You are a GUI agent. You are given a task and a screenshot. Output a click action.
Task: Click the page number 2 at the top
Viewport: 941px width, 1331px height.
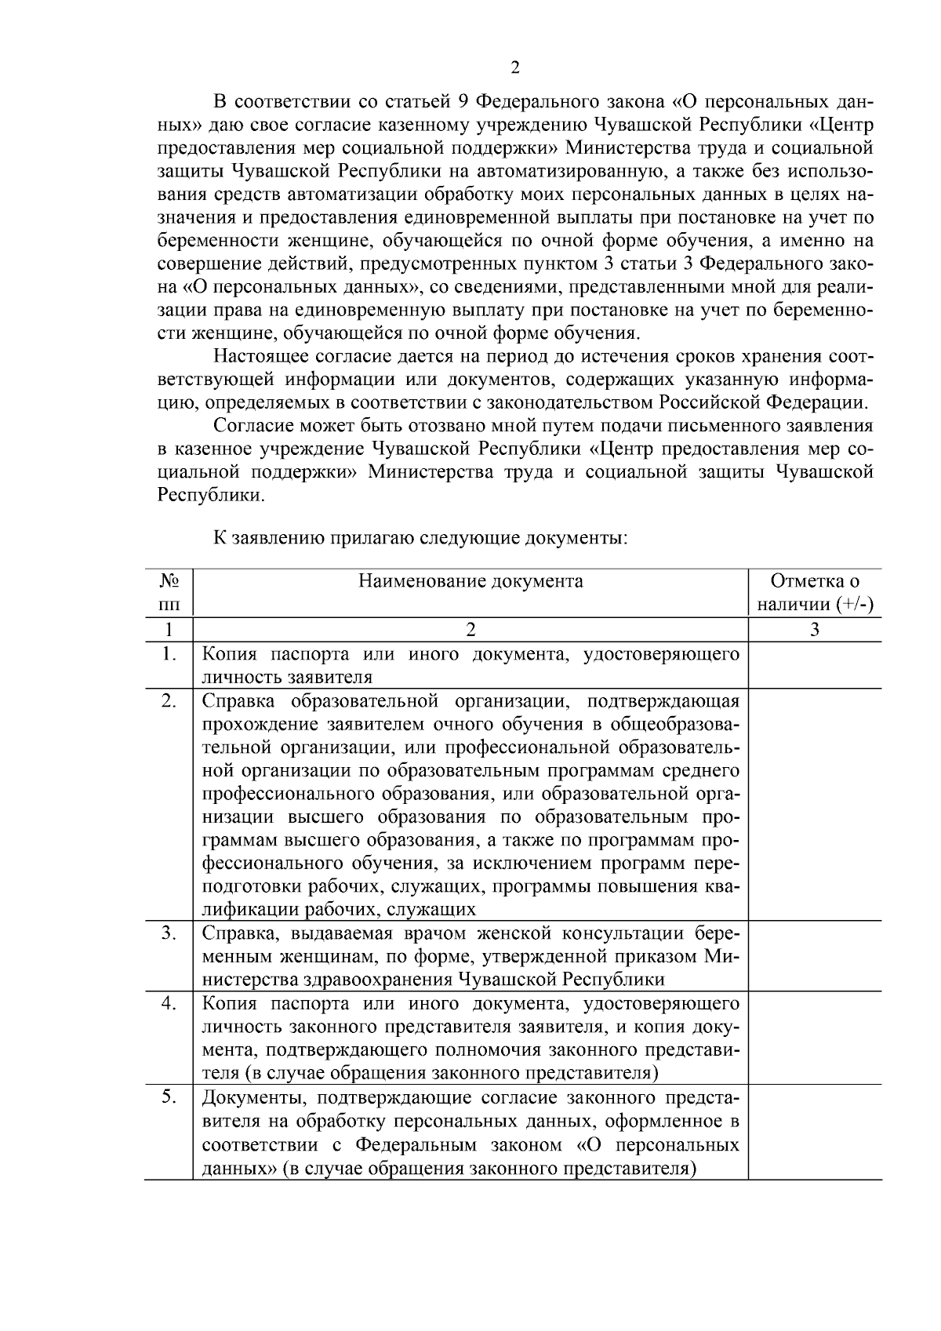pyautogui.click(x=514, y=67)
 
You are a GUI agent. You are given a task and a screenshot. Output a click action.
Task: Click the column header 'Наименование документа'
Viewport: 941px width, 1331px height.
pyautogui.click(x=470, y=581)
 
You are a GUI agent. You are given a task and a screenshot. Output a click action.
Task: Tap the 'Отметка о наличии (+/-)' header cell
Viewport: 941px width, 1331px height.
pyautogui.click(x=815, y=593)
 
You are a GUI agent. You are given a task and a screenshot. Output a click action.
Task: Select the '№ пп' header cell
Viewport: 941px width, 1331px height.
pyautogui.click(x=169, y=593)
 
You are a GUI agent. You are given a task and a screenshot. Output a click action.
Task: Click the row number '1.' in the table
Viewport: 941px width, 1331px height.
pyautogui.click(x=169, y=653)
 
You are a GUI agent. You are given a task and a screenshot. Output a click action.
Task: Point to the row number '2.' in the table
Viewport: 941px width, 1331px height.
pyautogui.click(x=169, y=700)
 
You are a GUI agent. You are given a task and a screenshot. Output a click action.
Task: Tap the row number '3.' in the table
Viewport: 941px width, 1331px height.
pyautogui.click(x=169, y=933)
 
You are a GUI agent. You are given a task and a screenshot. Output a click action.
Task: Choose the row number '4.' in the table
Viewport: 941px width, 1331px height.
pyautogui.click(x=169, y=1003)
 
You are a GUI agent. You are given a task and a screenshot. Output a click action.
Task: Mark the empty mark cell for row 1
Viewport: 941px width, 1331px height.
pyautogui.click(x=815, y=665)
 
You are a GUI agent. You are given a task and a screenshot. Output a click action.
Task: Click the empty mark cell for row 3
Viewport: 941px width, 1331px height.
pyautogui.click(x=815, y=956)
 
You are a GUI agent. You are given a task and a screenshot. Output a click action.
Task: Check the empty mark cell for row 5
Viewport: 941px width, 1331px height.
pyautogui.click(x=815, y=1132)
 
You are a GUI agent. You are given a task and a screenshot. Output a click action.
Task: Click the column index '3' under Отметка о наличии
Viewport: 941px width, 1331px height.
pyautogui.click(x=815, y=629)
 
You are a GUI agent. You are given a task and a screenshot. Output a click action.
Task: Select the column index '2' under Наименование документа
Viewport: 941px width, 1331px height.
pyautogui.click(x=470, y=629)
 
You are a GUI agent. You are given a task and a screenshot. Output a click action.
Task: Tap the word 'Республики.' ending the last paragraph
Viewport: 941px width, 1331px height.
pyautogui.click(x=211, y=496)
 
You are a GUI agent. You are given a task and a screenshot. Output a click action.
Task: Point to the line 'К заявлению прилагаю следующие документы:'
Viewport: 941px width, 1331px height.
pyautogui.click(x=420, y=539)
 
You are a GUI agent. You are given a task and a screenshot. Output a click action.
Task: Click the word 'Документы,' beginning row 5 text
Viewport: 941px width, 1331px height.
pyautogui.click(x=247, y=1097)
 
